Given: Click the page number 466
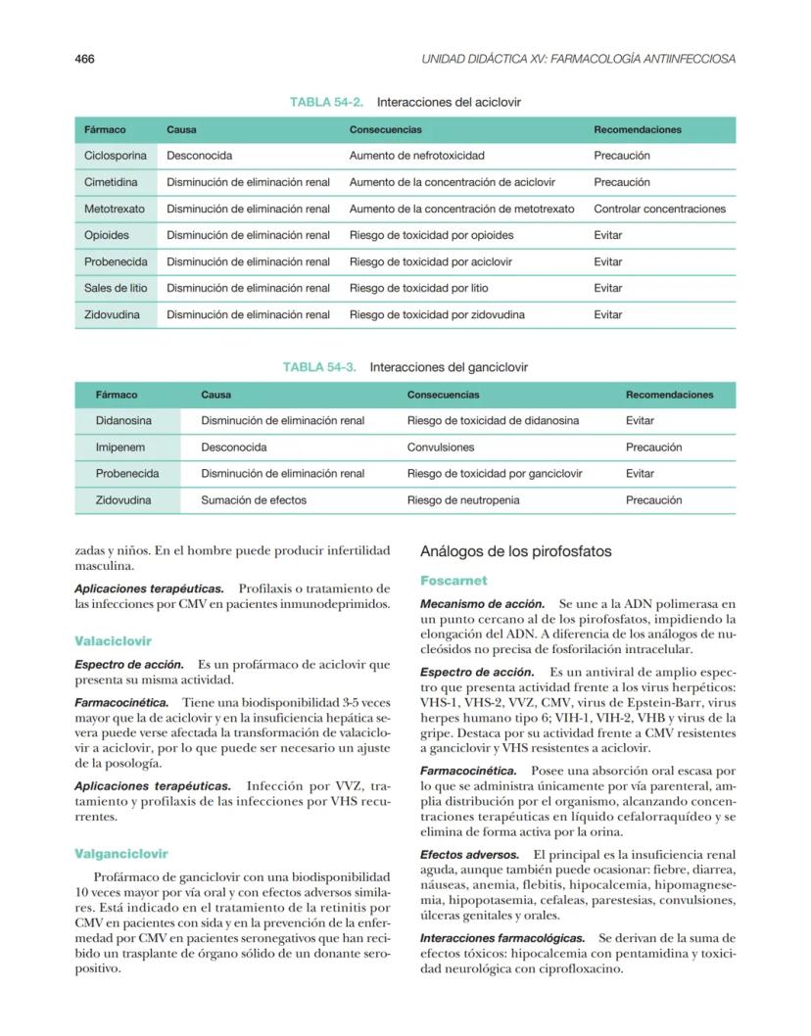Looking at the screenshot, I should pos(84,59).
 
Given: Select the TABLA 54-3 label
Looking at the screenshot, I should pos(319,367).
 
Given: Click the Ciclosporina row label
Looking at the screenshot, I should pos(116,156).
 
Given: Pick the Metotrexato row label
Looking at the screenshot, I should pos(115,209).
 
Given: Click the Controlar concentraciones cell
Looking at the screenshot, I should pos(659,209).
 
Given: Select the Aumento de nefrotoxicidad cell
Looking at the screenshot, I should pos(416,156).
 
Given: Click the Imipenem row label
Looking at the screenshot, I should pos(119,447).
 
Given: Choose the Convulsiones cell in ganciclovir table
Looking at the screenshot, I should pos(441,447).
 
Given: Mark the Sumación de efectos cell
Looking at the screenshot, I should pos(254,500).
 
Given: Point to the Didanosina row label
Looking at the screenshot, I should pos(123,421).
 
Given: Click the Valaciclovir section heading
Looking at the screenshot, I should pos(113,640).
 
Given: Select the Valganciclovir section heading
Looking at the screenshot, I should pos(121,853).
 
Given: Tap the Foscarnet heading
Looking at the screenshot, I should pos(453,581).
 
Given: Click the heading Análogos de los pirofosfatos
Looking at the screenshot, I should pos(515,551).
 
